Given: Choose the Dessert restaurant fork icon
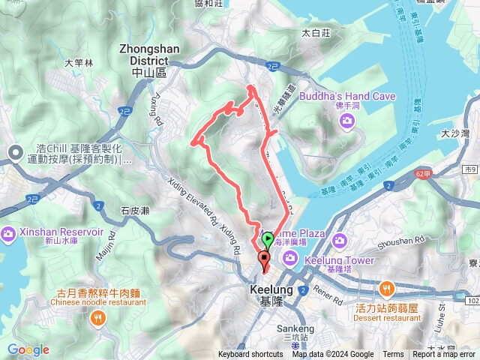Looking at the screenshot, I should click(x=387, y=288).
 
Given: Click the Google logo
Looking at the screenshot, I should click(x=28, y=349).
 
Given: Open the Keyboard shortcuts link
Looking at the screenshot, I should click(x=250, y=355).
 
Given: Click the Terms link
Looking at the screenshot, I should click(x=393, y=355).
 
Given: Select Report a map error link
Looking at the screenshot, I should click(x=444, y=355).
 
